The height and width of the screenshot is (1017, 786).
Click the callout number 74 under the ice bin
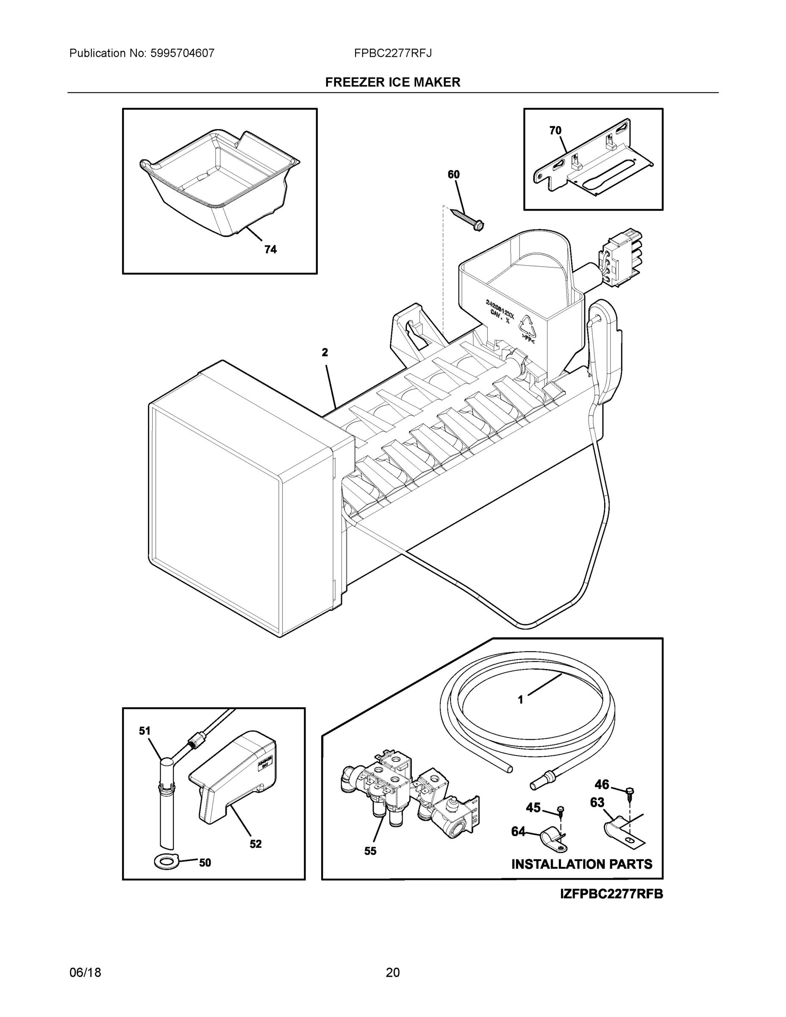[x=270, y=250]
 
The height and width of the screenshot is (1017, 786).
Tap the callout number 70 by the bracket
[x=555, y=131]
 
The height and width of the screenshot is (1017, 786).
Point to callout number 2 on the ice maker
[x=325, y=352]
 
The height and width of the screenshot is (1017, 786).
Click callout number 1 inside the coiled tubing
[x=521, y=712]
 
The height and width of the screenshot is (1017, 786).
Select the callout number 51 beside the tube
[x=145, y=731]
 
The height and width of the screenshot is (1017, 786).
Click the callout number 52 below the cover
[x=255, y=844]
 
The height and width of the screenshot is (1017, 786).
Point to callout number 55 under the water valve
[x=370, y=851]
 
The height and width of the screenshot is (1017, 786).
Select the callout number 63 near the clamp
[x=597, y=802]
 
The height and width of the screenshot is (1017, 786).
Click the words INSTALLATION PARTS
[x=582, y=864]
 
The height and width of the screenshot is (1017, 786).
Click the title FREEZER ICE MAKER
[x=392, y=83]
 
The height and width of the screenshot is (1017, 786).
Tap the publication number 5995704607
[x=182, y=53]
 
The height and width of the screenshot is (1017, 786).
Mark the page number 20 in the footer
[x=392, y=973]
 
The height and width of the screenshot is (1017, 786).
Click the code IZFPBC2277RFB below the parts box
[x=611, y=894]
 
